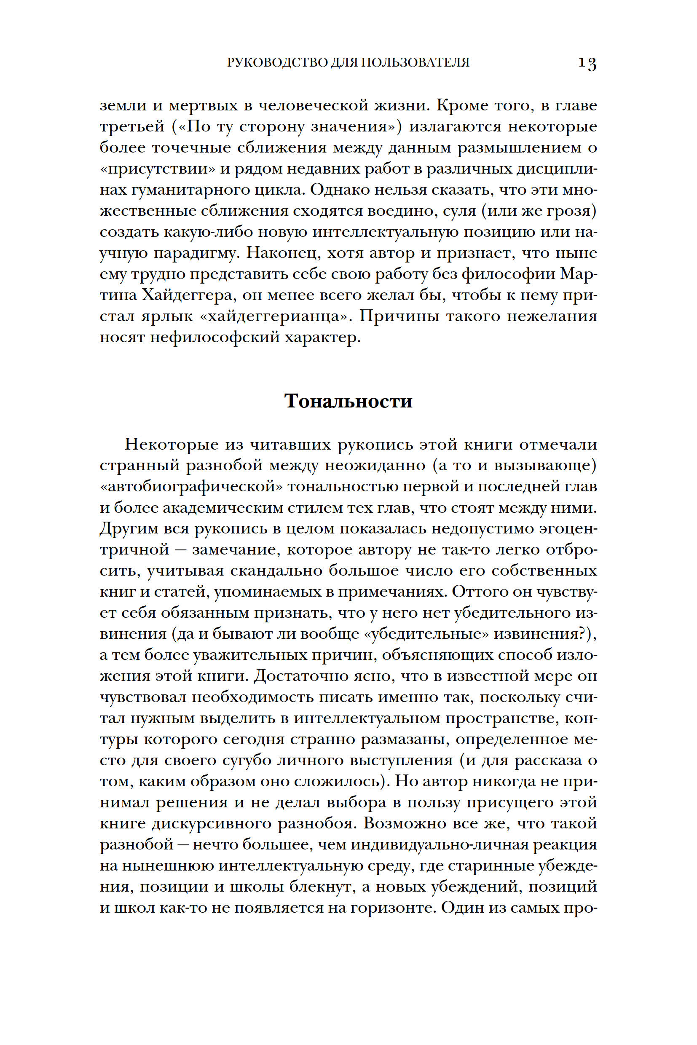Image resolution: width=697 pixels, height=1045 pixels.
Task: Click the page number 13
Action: [587, 64]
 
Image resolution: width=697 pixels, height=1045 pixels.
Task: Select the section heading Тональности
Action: [348, 401]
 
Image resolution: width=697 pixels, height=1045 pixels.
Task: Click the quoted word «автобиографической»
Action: [191, 487]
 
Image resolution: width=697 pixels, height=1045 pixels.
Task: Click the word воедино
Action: [402, 211]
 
